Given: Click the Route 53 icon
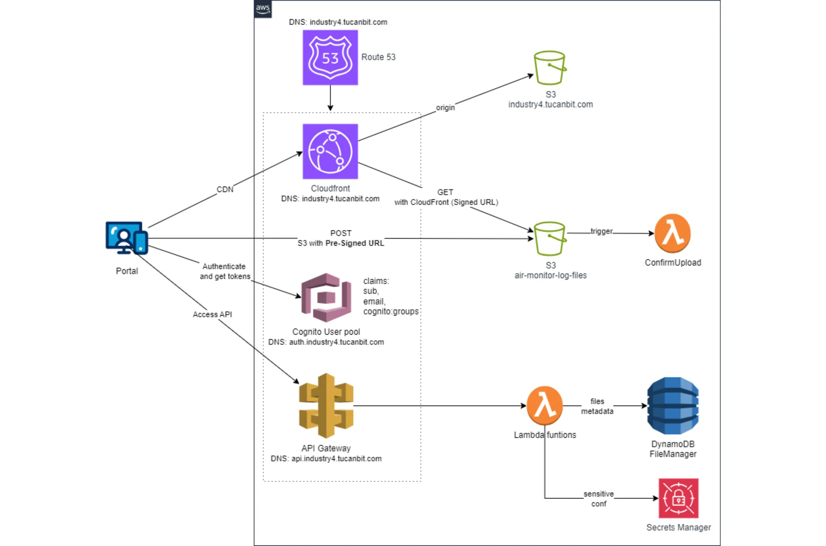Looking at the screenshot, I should (x=330, y=57).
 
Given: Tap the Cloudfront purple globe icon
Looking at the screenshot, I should (x=330, y=151).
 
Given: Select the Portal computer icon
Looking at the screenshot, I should (x=126, y=238).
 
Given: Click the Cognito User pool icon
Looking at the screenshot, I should (x=326, y=297).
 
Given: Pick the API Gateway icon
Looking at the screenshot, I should (x=326, y=406).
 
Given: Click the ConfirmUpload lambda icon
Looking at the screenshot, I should (x=672, y=233).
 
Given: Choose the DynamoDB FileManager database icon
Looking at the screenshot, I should (x=672, y=406).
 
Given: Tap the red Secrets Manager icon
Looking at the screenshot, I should (x=678, y=498).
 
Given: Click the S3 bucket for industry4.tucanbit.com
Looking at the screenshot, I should (x=550, y=68).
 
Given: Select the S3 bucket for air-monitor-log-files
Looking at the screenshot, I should (x=550, y=239).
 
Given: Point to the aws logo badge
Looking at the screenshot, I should (x=263, y=9).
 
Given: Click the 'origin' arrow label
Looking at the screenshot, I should (x=445, y=107).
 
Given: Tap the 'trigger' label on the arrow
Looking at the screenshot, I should (x=601, y=231).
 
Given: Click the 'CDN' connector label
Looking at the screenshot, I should (x=225, y=189).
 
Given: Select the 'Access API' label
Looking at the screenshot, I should (x=212, y=314).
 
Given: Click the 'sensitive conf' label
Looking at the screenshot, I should (x=598, y=499).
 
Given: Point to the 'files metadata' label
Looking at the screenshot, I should (x=597, y=406).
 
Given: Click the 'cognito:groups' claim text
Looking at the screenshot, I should (x=391, y=311).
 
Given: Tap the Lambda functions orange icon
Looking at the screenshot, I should (x=544, y=406).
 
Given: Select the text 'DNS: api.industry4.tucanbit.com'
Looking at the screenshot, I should (x=326, y=458).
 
